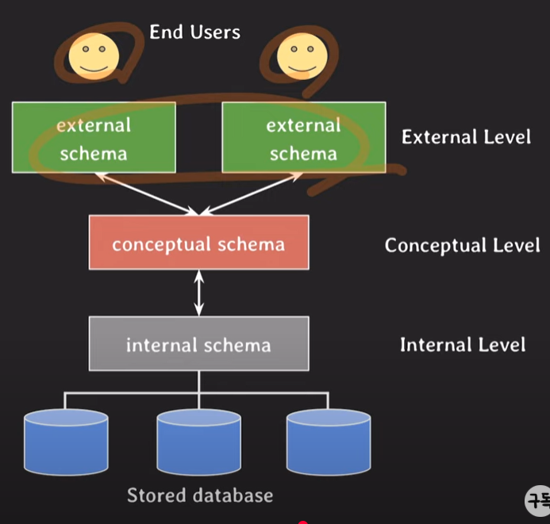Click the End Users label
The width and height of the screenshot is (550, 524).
point(194,33)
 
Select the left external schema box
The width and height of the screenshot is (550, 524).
point(93,137)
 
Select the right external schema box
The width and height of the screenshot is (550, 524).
point(303,137)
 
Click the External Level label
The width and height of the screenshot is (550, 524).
point(466,136)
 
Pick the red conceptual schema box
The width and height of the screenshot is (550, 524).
point(198,243)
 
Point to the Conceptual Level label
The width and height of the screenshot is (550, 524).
point(462,245)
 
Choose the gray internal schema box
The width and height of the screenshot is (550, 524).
point(198,344)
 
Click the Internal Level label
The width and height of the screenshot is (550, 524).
point(462,345)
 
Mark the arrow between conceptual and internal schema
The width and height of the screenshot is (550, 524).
point(198,293)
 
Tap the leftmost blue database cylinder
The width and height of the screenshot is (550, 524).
point(66,441)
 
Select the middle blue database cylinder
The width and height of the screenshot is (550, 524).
point(198,441)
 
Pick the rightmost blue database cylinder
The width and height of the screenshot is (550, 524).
point(329,441)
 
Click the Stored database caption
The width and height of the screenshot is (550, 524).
point(200,496)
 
